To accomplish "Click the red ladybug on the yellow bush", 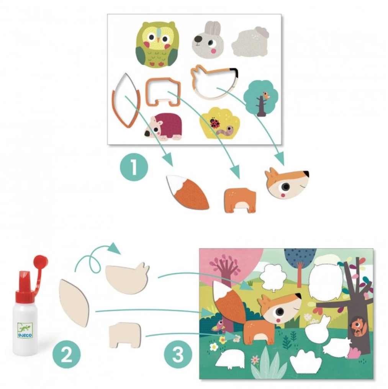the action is (214, 123).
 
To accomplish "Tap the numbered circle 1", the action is (134, 167).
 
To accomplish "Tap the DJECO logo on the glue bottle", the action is (25, 331).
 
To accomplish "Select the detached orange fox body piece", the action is (240, 200).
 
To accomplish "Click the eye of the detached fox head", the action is (286, 186).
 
